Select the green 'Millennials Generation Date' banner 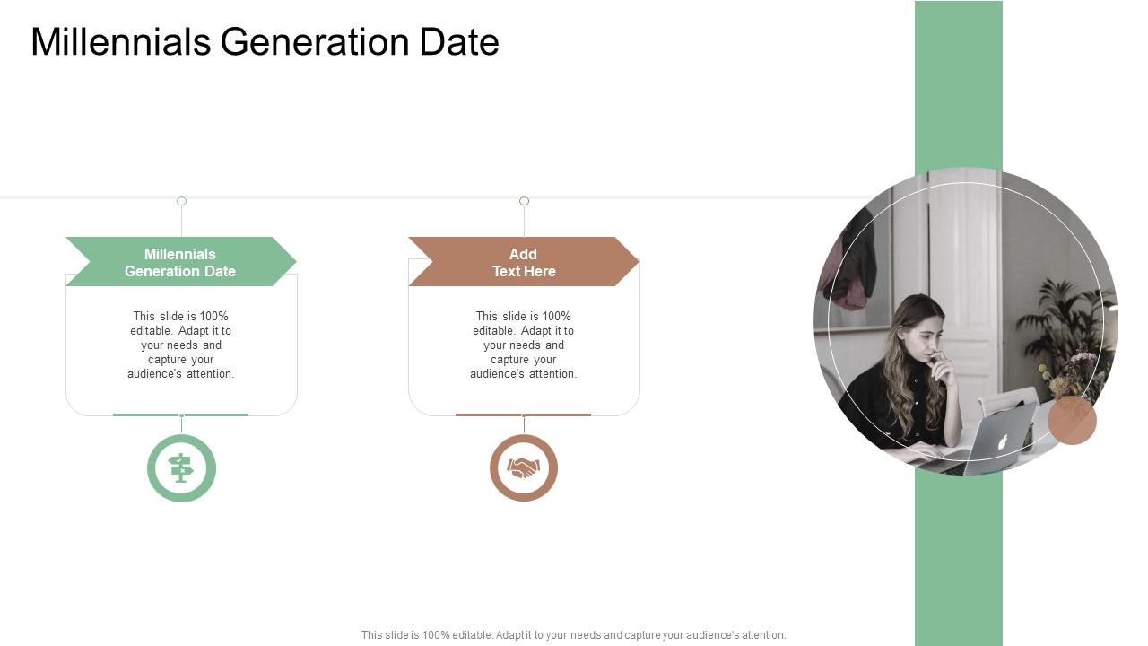click(x=180, y=262)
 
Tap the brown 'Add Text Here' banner click(x=523, y=262)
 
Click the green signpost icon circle click(x=181, y=468)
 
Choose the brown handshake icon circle click(x=524, y=468)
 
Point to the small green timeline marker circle click(x=181, y=201)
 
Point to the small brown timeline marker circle click(x=524, y=201)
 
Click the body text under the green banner click(x=181, y=345)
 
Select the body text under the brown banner click(x=524, y=345)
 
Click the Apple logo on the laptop click(x=1003, y=441)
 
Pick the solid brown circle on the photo click(x=1072, y=420)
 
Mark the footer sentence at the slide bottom click(x=574, y=634)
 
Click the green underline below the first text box click(x=180, y=415)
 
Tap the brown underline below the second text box click(x=523, y=415)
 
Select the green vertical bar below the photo click(x=958, y=556)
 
